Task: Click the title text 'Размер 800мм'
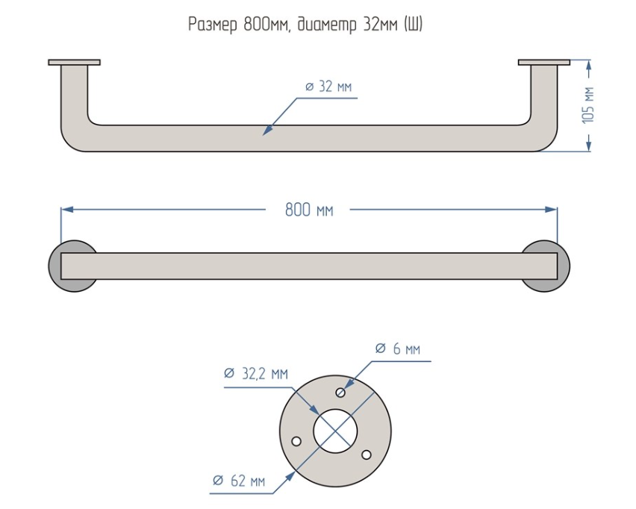[x=239, y=25]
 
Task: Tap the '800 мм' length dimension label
[x=309, y=210]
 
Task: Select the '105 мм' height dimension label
[x=587, y=104]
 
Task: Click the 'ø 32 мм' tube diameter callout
[x=328, y=87]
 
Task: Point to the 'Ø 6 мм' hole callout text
[x=397, y=349]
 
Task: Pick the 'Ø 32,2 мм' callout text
[x=256, y=373]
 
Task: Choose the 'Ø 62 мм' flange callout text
[x=239, y=481]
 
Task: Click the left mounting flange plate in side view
[x=74, y=62]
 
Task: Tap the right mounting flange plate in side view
[x=544, y=62]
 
